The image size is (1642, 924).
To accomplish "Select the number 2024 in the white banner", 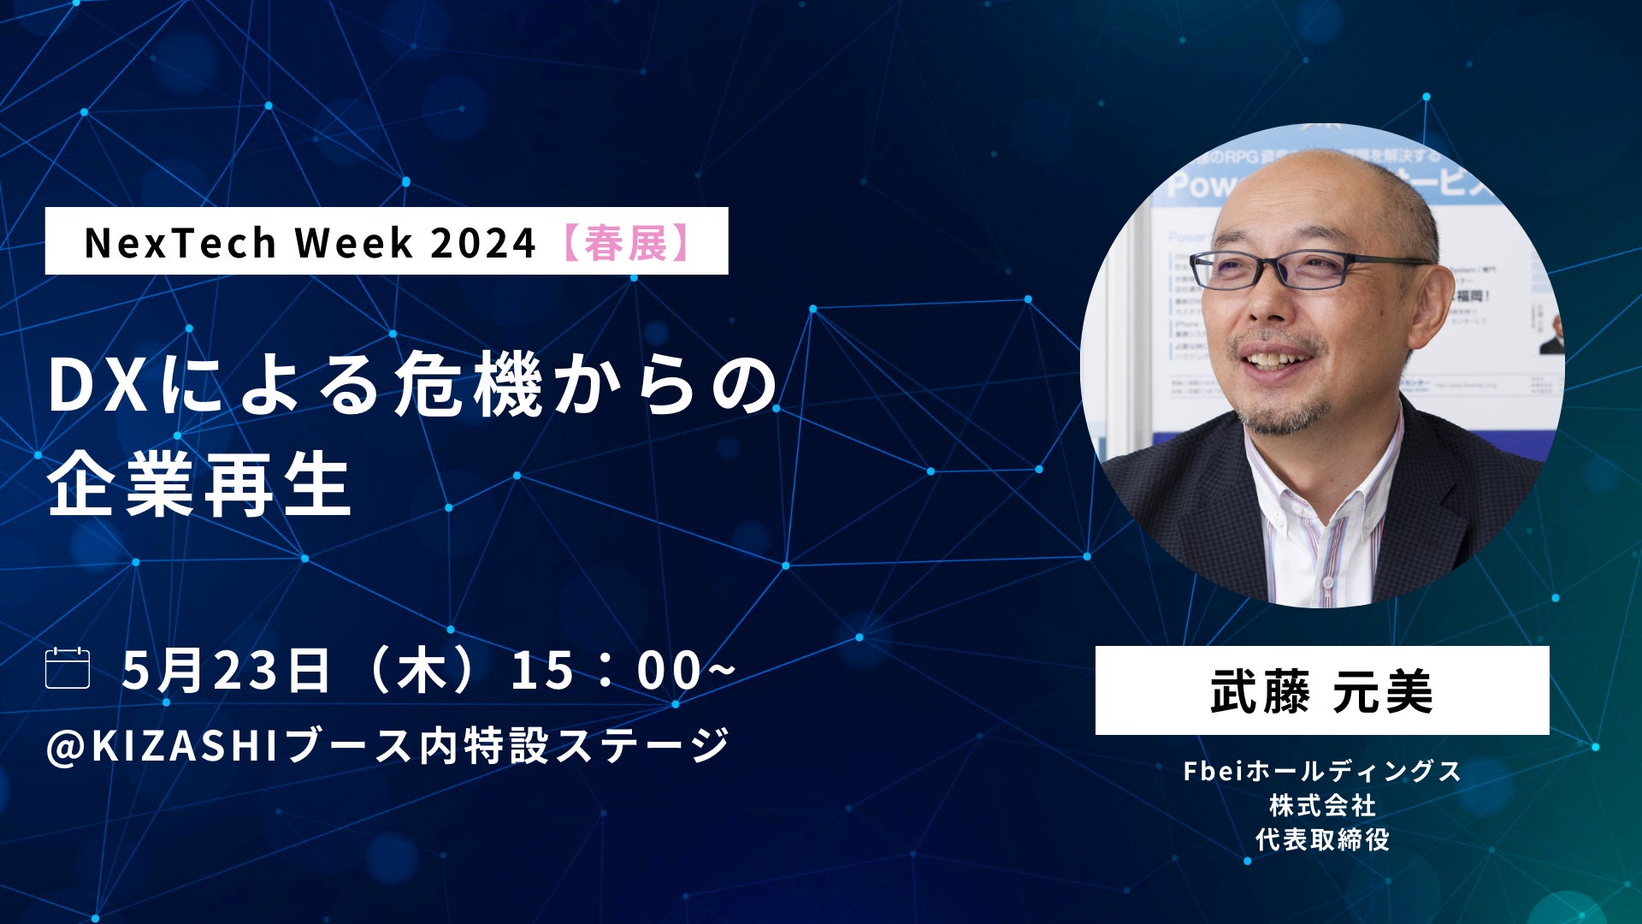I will [x=482, y=242].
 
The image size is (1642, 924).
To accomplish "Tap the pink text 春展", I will [x=627, y=242].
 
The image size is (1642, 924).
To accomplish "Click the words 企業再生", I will [x=199, y=485].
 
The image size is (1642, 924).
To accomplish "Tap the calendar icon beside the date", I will [x=68, y=668].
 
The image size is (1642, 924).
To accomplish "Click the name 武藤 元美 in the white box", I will [x=1321, y=691].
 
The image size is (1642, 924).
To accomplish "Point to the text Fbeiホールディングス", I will [x=1321, y=771].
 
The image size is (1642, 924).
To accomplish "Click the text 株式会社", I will [x=1321, y=805].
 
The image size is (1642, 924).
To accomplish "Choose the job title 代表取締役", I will [x=1321, y=839].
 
